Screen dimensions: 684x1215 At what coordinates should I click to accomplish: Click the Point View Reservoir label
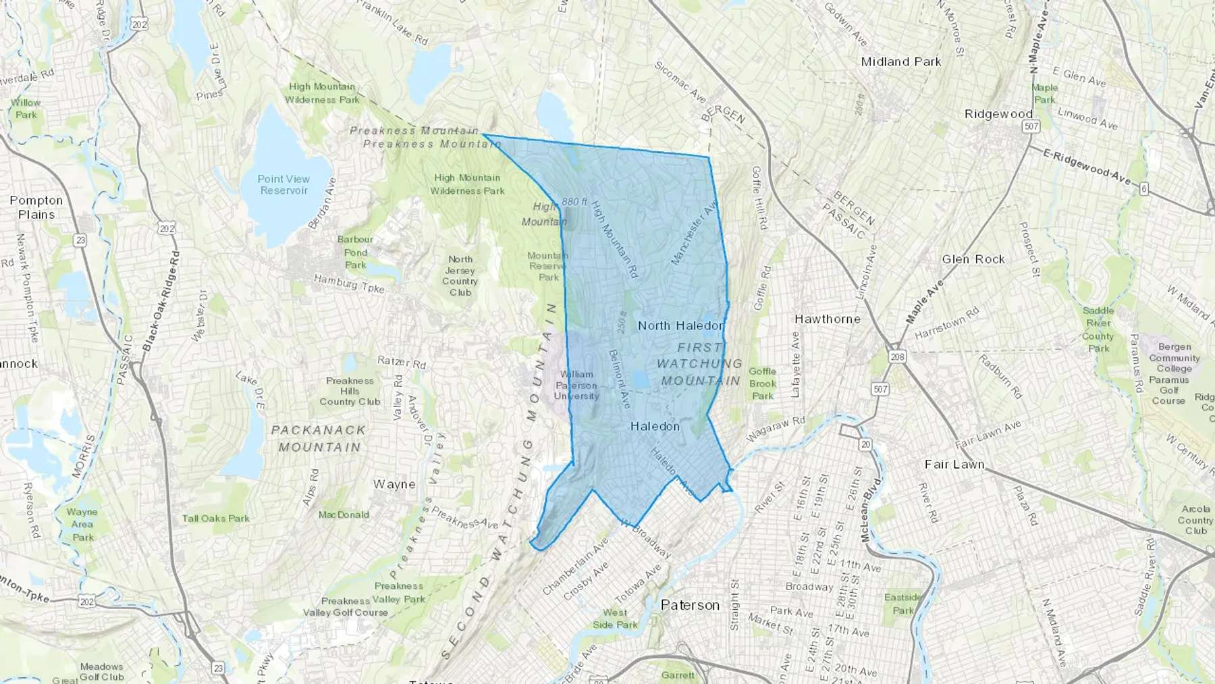coord(283,184)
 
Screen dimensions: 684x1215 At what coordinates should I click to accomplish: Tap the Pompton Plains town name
coord(36,207)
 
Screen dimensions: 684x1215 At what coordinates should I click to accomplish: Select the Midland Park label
coord(901,61)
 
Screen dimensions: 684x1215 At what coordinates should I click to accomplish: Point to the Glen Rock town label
coord(973,259)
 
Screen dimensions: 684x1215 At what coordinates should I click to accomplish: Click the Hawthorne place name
coord(828,319)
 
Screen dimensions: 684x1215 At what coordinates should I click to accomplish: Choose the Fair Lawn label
coord(954,465)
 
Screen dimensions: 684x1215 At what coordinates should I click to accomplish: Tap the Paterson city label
coord(690,605)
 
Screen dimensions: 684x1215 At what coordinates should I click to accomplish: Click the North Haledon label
coord(680,325)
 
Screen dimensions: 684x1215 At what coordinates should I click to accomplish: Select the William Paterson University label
coord(576,385)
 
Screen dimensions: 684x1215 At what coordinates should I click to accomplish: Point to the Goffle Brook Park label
coord(763,384)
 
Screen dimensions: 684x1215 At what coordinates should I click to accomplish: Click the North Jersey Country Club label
coord(460,275)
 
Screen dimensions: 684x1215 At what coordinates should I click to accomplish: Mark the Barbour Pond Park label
coord(355,252)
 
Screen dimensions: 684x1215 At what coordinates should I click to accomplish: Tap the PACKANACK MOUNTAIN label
coord(319,438)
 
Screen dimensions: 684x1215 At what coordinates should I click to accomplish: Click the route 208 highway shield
coord(897,357)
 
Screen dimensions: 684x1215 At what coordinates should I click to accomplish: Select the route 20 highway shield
coord(865,444)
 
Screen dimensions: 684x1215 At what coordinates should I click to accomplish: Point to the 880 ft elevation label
coord(574,202)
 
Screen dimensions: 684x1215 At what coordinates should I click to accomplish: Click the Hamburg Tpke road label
coord(349,284)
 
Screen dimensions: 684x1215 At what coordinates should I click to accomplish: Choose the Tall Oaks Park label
coord(216,519)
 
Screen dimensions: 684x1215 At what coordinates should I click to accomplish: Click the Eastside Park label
coord(903,604)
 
